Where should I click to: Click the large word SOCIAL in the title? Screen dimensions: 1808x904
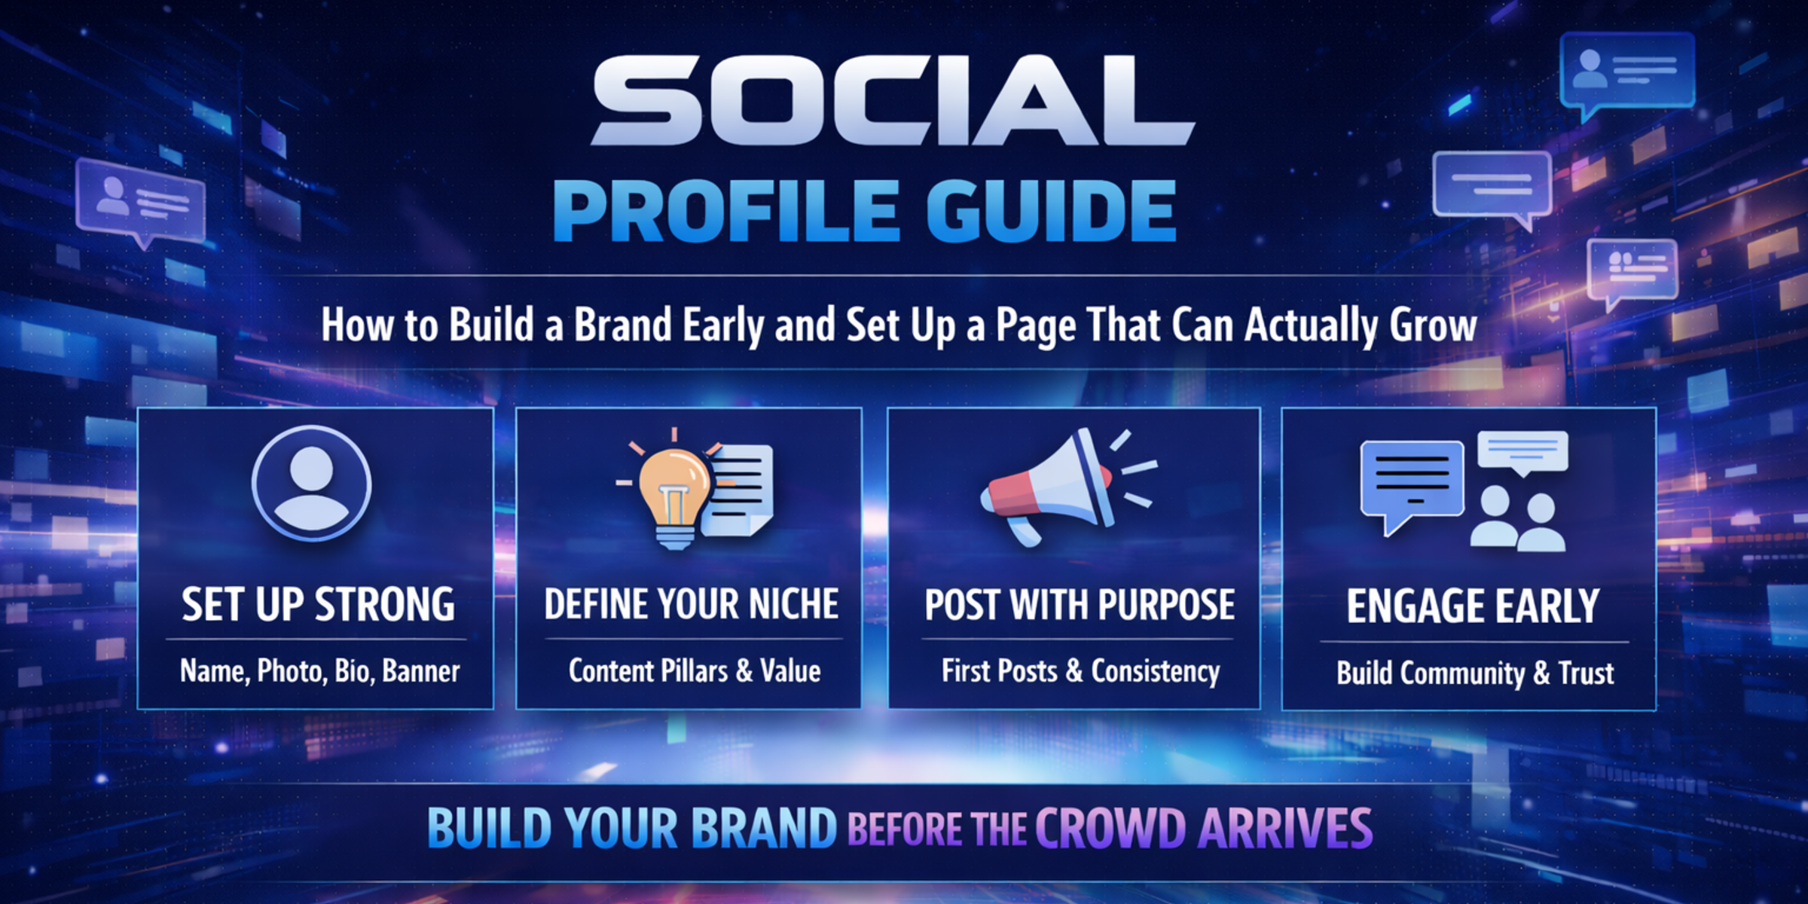click(893, 100)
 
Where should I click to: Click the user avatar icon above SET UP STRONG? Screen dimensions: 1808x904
click(311, 483)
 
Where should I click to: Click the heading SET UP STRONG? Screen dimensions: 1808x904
click(318, 605)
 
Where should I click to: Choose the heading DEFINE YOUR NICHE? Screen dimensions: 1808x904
click(691, 604)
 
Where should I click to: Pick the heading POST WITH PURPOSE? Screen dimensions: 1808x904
click(1080, 605)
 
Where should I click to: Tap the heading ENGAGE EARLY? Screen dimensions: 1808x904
click(1473, 606)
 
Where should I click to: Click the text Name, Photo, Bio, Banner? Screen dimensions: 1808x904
click(319, 671)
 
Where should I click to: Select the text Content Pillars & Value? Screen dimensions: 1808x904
click(695, 670)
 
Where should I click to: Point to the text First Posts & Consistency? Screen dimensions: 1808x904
click(1080, 671)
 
